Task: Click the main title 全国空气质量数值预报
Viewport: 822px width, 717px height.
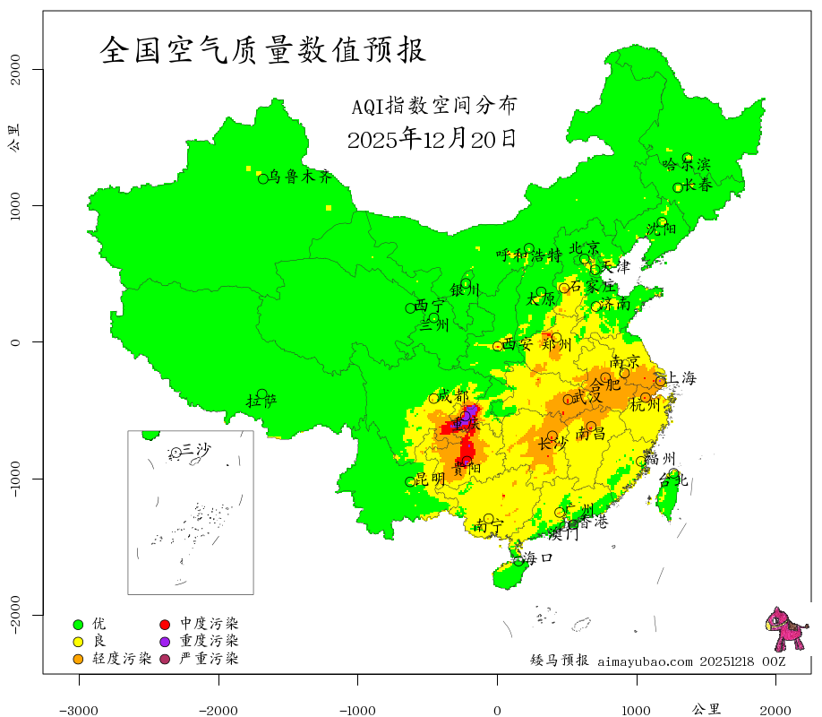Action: (262, 50)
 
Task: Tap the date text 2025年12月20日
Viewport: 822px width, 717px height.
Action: (431, 139)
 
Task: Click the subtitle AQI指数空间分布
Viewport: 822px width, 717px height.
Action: (434, 106)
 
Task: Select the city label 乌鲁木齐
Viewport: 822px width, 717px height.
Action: (301, 177)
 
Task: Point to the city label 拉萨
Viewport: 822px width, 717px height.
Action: (261, 401)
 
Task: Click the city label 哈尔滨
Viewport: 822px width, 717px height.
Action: (686, 165)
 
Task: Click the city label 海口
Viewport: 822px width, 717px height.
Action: (537, 557)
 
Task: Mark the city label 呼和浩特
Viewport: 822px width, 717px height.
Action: (529, 255)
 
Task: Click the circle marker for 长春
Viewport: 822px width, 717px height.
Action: (678, 188)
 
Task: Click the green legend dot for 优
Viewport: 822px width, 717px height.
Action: (78, 624)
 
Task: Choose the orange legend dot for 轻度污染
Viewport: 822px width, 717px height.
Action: (78, 660)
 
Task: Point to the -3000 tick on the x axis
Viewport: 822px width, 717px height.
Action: (79, 710)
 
